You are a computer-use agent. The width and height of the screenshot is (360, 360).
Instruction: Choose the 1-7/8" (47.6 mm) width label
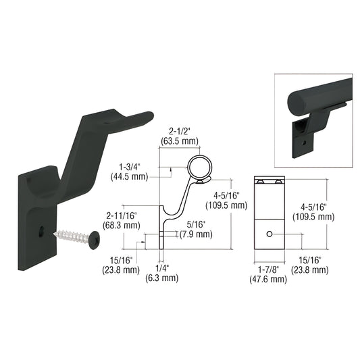tap(269, 272)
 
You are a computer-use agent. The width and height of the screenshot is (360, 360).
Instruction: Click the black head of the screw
tap(95, 238)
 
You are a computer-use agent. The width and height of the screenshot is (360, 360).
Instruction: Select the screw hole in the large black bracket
tap(44, 230)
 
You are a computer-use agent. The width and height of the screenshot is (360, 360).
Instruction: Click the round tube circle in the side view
tap(201, 168)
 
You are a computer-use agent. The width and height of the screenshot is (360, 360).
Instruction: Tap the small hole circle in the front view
tap(269, 234)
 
